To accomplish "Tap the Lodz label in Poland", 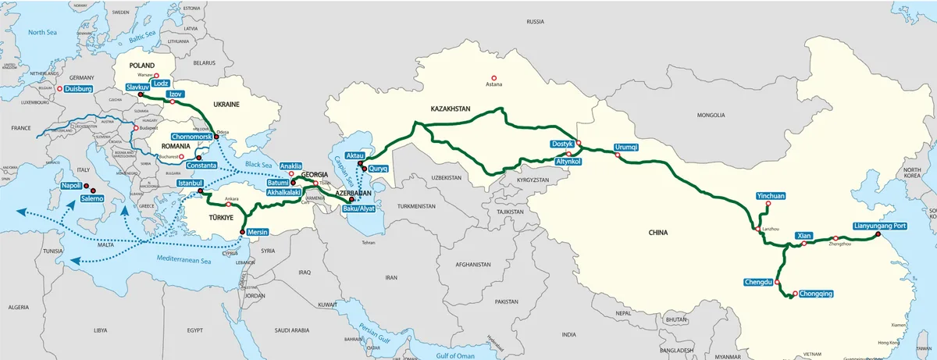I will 161,83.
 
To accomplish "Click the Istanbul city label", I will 191,183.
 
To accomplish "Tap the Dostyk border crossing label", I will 563,144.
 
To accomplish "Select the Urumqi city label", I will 626,147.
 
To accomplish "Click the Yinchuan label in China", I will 771,195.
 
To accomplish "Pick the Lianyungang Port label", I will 880,225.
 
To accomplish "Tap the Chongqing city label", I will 817,294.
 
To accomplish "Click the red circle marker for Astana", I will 493,77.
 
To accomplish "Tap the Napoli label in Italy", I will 72,186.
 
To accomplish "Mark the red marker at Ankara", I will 228,205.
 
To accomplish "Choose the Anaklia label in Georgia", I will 290,166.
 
